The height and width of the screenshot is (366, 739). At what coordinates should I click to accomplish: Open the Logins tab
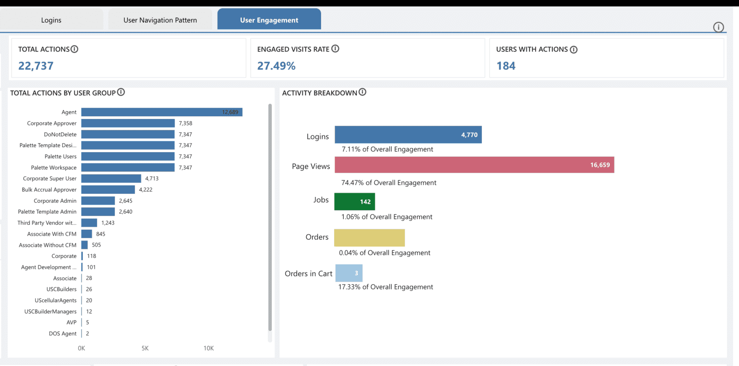[51, 20]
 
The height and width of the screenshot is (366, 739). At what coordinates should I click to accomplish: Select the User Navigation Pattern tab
[160, 20]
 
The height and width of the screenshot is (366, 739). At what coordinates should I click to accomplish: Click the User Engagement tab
[269, 20]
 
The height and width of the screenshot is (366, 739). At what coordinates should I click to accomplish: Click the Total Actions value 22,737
[36, 66]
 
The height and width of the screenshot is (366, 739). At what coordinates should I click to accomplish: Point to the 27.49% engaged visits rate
[276, 66]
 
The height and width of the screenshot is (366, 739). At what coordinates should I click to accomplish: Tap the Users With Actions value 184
[506, 66]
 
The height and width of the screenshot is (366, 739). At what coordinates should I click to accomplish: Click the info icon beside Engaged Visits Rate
[335, 49]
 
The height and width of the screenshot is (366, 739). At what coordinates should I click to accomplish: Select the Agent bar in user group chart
[162, 112]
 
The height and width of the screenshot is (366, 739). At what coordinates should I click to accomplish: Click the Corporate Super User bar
[111, 179]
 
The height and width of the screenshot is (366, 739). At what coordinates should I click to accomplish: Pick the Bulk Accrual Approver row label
[49, 190]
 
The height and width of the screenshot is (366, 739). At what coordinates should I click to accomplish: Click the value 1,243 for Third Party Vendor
[108, 223]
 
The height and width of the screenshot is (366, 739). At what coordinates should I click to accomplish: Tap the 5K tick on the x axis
[145, 348]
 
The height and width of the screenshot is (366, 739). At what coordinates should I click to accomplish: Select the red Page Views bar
[474, 165]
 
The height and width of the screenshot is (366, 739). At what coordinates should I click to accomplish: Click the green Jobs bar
[354, 201]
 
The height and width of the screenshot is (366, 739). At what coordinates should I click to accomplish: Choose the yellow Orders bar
[369, 237]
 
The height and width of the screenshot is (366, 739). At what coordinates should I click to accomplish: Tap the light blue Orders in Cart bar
[349, 273]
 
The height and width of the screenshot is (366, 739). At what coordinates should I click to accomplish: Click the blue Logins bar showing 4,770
[408, 135]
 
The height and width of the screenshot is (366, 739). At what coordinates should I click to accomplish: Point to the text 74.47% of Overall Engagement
[389, 183]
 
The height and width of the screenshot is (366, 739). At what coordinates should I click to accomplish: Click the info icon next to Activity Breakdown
[362, 92]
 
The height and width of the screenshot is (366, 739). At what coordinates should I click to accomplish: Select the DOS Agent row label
[63, 334]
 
